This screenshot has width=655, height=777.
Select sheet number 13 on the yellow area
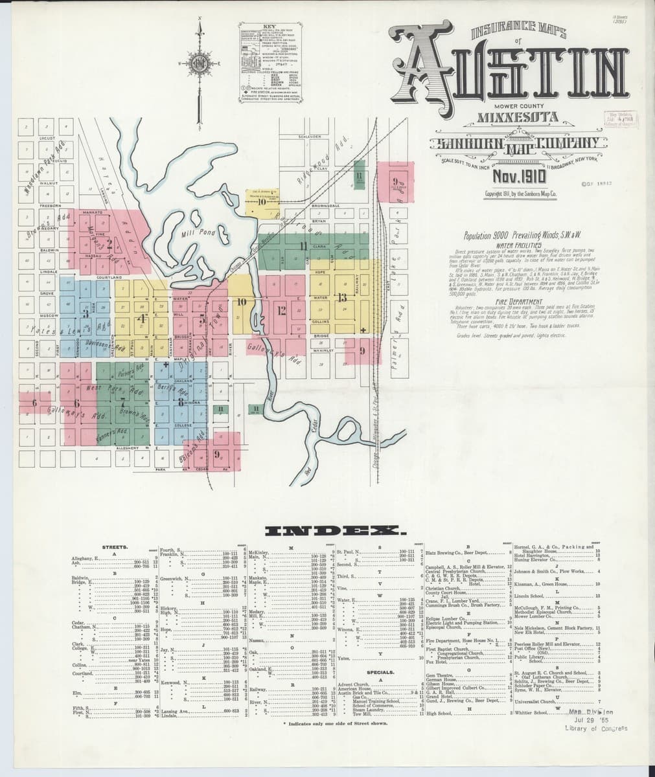pyautogui.click(x=342, y=298)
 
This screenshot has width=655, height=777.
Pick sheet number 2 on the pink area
pyautogui.click(x=111, y=244)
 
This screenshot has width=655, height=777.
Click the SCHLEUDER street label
pyautogui.click(x=309, y=137)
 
